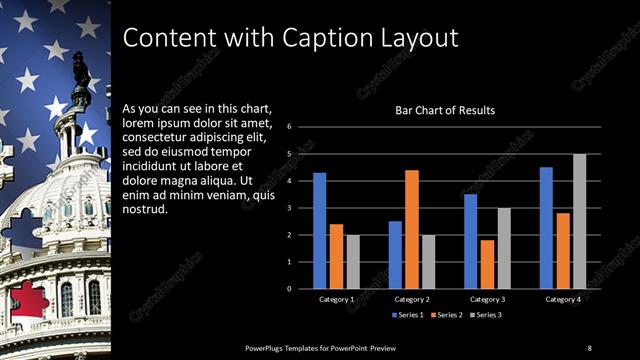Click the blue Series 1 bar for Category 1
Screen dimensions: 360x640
pyautogui.click(x=319, y=230)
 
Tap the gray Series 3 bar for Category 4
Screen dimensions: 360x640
pyautogui.click(x=579, y=221)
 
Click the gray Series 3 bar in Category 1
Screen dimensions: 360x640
pyautogui.click(x=352, y=261)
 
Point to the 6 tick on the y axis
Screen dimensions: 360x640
pyautogui.click(x=288, y=127)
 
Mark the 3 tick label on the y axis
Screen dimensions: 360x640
pyautogui.click(x=288, y=208)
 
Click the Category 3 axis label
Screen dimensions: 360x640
pyautogui.click(x=487, y=299)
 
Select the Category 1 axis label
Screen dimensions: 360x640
pyautogui.click(x=336, y=299)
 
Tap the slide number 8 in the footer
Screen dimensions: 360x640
pyautogui.click(x=589, y=347)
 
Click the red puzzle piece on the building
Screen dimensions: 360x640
pyautogui.click(x=28, y=303)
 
